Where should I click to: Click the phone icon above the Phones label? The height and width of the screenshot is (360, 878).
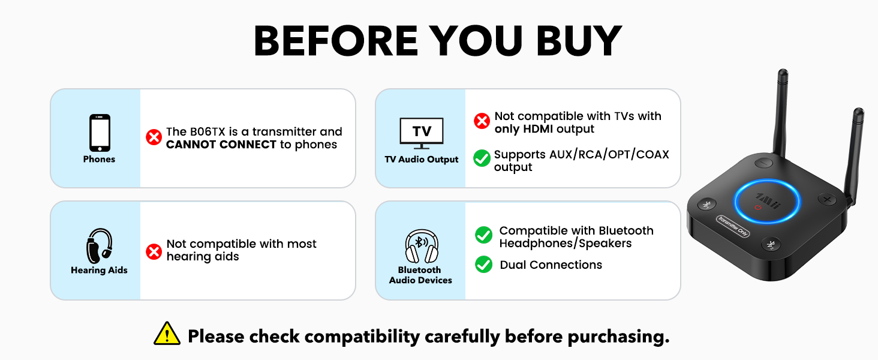tap(100, 133)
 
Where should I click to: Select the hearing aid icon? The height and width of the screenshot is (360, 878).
tap(99, 245)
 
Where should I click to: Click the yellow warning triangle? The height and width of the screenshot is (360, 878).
tap(167, 334)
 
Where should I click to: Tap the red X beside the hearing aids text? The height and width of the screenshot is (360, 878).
tap(154, 251)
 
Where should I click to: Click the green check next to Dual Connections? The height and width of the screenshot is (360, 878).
tap(483, 265)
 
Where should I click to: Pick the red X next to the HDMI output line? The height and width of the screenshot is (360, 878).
tap(482, 121)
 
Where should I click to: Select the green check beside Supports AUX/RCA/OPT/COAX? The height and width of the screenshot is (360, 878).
tap(482, 158)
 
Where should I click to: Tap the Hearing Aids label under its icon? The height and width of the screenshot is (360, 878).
tap(99, 271)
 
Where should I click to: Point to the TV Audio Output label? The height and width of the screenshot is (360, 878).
tap(422, 160)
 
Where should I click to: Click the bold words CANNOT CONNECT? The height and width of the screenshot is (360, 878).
tap(221, 145)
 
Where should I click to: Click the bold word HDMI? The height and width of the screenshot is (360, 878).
tap(539, 129)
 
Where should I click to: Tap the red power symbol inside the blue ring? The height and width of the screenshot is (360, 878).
tap(759, 207)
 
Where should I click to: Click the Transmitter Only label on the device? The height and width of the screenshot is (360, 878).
tap(733, 226)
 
